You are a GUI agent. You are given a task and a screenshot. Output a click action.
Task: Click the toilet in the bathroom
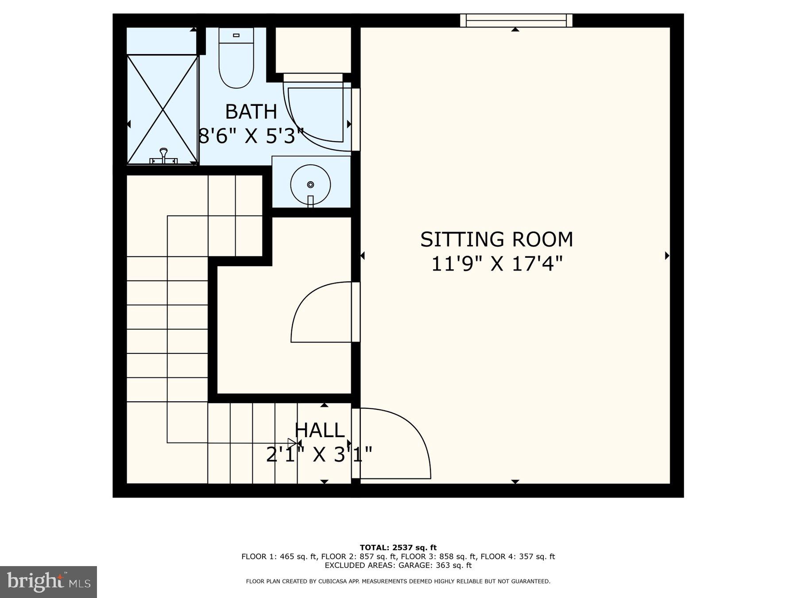click(x=236, y=62)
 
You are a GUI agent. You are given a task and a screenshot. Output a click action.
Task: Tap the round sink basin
click(x=310, y=184)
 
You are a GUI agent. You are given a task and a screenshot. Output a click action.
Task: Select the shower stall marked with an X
click(x=162, y=109)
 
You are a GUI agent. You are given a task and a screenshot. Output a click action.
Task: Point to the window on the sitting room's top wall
click(x=516, y=20)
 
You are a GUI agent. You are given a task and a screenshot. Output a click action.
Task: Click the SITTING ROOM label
click(x=496, y=240)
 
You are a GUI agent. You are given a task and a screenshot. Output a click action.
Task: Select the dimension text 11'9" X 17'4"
click(x=496, y=264)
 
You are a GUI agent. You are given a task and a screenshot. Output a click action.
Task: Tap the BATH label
click(x=251, y=112)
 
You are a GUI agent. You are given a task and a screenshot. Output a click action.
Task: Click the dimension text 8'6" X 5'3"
click(x=251, y=136)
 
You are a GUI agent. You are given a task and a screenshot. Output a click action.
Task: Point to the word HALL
click(x=319, y=430)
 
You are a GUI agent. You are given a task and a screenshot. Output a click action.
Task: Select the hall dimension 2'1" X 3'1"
click(x=319, y=454)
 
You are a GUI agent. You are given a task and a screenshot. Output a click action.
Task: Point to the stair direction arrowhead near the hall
click(x=292, y=443)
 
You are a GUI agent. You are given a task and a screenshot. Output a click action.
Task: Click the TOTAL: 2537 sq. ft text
click(x=398, y=548)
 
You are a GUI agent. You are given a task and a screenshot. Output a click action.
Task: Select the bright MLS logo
click(x=48, y=582)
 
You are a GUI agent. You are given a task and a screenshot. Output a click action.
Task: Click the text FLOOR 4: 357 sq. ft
click(x=518, y=556)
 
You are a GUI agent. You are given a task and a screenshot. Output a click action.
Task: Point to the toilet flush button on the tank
click(x=236, y=35)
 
